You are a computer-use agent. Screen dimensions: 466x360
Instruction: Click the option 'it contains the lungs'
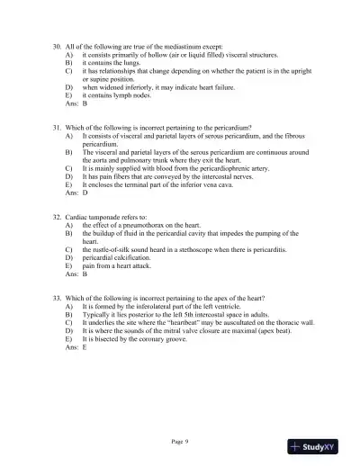(112, 63)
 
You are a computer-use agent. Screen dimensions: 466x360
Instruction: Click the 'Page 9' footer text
(179, 441)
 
